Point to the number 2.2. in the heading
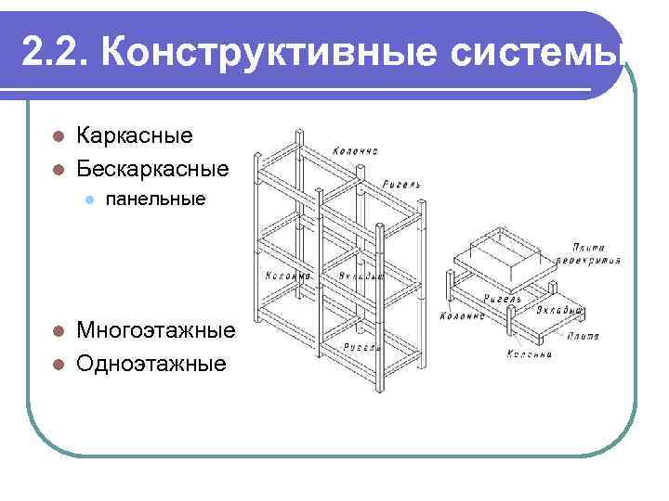[56, 52]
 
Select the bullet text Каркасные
[135, 135]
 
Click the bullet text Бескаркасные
[152, 169]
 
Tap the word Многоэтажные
[155, 331]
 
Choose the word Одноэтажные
[151, 363]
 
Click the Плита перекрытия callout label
[598, 254]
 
